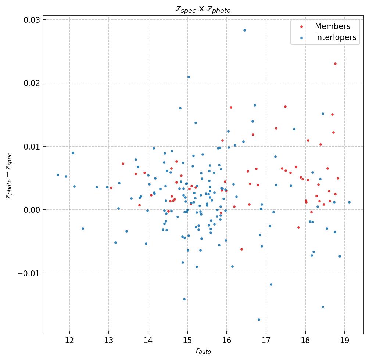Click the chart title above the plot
click(x=203, y=10)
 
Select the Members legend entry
click(x=332, y=26)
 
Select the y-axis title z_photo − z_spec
click(x=9, y=176)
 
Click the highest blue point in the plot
click(x=244, y=30)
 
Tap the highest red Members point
click(x=335, y=64)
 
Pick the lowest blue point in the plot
click(x=259, y=320)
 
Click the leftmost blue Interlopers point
click(x=58, y=175)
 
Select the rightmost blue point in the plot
click(x=349, y=202)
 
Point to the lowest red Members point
click(x=241, y=249)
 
